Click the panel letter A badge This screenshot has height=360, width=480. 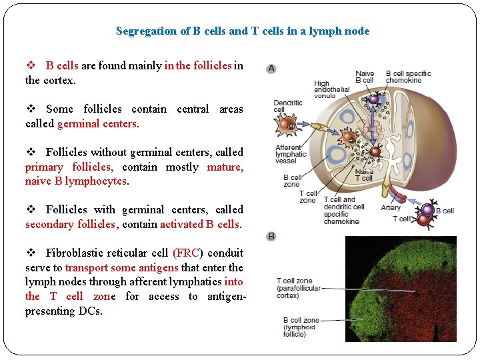pos(271,68)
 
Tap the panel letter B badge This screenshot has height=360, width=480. pos(271,237)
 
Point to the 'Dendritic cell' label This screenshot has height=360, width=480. pos(288,106)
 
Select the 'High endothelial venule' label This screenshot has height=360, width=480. pos(331,90)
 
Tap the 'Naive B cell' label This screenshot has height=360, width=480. pos(365,77)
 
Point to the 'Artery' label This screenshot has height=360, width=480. pos(391,207)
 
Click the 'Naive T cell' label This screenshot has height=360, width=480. pos(364,175)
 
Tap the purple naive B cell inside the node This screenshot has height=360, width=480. pos(373,100)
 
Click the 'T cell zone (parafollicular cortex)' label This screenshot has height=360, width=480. pos(298,288)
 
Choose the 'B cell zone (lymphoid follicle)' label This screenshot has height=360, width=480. pos(301,327)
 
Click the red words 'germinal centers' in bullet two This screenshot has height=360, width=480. pos(97,123)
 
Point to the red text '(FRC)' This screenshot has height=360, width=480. pos(188,253)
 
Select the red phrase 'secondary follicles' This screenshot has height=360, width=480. pos(70,224)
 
